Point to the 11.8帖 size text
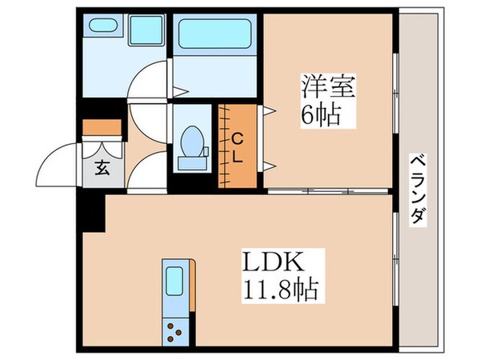pos(277,288)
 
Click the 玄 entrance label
pos(103,168)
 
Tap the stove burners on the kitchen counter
pos(175,330)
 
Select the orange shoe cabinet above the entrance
pos(102,127)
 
